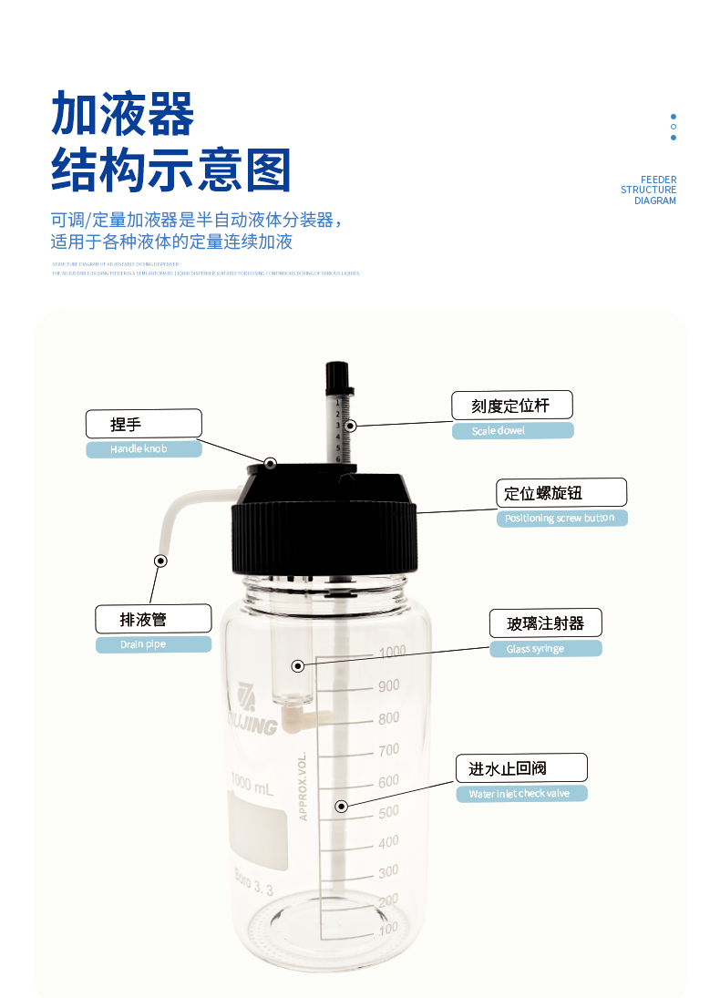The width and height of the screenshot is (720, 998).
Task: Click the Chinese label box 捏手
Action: (x=143, y=424)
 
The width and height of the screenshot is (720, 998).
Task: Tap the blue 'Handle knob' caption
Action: (x=143, y=449)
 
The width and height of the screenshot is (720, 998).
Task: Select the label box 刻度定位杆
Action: (x=512, y=406)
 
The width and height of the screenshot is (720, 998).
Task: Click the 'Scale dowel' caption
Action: (x=512, y=430)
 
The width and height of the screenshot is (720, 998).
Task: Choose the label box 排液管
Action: (x=153, y=620)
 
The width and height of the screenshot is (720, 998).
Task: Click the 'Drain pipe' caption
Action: (x=153, y=644)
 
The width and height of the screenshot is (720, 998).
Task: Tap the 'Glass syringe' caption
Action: (x=544, y=649)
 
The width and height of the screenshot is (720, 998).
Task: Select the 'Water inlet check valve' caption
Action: (x=520, y=794)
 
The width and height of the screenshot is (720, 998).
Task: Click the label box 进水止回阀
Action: (x=520, y=768)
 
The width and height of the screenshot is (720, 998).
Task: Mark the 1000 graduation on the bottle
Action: (x=392, y=652)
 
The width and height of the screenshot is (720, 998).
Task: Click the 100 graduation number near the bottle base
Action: (x=389, y=929)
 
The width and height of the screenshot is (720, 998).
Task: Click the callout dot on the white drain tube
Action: (x=161, y=561)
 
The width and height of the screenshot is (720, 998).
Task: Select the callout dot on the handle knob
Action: (x=271, y=464)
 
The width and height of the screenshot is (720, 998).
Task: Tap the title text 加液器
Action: (x=123, y=115)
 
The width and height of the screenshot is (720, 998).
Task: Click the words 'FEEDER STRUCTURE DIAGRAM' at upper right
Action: (x=649, y=190)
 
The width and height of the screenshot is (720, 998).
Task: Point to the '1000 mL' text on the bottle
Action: (x=252, y=786)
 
